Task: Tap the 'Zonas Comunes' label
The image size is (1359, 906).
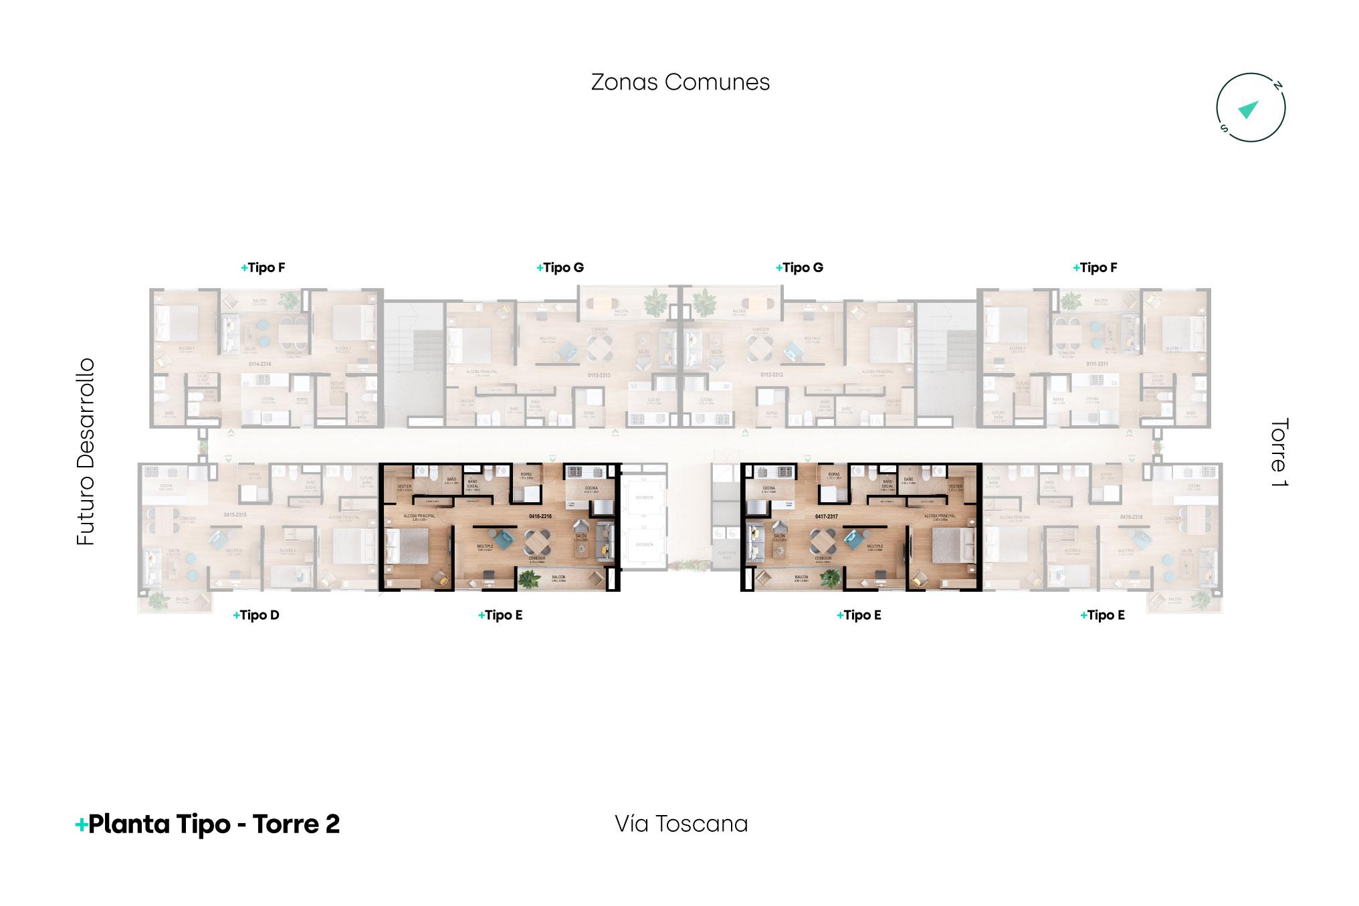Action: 680,82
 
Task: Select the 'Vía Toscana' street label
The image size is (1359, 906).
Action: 681,824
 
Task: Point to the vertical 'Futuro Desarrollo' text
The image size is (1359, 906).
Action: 86,452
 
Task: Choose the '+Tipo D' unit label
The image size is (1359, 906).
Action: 256,615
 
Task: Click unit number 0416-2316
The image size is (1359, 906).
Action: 540,516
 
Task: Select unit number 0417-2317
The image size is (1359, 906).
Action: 827,516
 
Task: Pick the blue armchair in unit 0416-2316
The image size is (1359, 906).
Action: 502,537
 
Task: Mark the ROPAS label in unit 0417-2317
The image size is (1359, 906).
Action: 833,475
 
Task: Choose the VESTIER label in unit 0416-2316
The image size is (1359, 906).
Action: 404,487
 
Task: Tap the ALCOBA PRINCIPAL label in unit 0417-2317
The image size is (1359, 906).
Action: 940,516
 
